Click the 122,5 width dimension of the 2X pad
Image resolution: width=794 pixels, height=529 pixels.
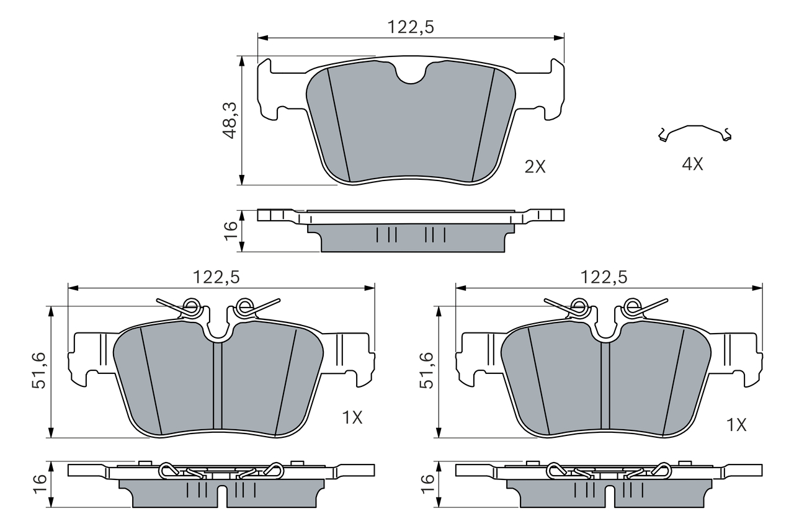[410, 27]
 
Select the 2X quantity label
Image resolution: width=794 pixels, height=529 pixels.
[535, 166]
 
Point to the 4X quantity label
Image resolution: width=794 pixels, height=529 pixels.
[692, 164]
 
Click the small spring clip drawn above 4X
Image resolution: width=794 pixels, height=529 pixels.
[695, 133]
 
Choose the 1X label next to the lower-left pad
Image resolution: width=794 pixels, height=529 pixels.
[352, 418]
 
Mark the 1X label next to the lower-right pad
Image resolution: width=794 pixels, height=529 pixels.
[736, 425]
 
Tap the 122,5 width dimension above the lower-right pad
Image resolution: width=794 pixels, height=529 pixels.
[604, 278]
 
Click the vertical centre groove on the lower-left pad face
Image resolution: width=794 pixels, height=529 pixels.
[217, 385]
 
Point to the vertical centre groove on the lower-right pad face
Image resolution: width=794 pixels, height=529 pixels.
[605, 385]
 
